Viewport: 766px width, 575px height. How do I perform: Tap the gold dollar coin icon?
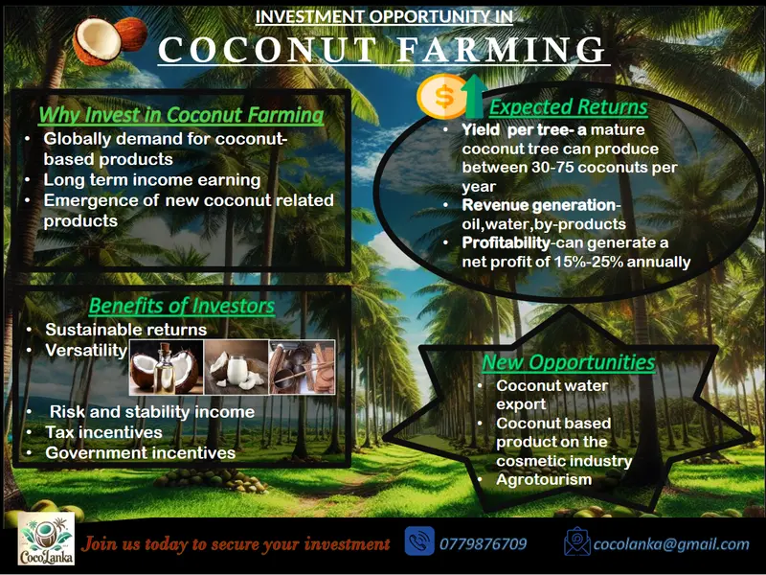[x=442, y=95]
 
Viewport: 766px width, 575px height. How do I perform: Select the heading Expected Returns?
[x=568, y=106]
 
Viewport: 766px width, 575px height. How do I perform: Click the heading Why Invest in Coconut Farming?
[x=181, y=115]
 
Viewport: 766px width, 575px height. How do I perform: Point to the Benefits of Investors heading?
[x=182, y=306]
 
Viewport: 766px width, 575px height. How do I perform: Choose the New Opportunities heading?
[x=568, y=362]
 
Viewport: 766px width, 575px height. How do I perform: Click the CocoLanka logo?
[x=45, y=542]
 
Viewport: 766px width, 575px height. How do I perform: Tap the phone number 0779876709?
[x=483, y=544]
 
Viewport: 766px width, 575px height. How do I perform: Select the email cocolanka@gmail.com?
[x=670, y=544]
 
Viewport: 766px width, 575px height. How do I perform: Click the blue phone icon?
[x=419, y=541]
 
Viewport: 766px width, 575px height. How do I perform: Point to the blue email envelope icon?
[x=576, y=542]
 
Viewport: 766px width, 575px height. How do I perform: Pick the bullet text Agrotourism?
[x=544, y=479]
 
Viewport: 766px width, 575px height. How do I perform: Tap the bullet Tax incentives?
[x=103, y=432]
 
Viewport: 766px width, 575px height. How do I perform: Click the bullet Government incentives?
[x=140, y=452]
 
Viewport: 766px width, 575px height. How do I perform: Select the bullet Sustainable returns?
[x=125, y=330]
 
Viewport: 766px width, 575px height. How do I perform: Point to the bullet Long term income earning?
[x=151, y=180]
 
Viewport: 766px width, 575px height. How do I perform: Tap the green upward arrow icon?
[x=472, y=95]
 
